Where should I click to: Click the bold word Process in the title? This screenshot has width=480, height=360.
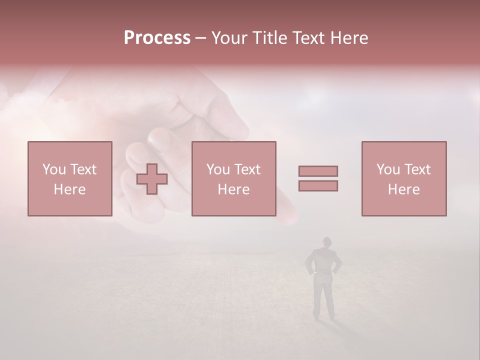point(157,38)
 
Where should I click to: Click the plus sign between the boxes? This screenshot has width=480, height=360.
point(152,179)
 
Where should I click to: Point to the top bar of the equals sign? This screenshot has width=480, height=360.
point(318,171)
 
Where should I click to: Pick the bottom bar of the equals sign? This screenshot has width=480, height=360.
point(318,185)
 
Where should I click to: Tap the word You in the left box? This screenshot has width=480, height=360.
point(54,169)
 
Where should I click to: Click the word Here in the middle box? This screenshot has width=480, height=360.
point(233,189)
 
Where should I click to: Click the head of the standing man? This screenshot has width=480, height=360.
point(326,242)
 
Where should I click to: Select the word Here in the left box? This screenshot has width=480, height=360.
point(69,189)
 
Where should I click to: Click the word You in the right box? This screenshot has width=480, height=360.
point(388,169)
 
